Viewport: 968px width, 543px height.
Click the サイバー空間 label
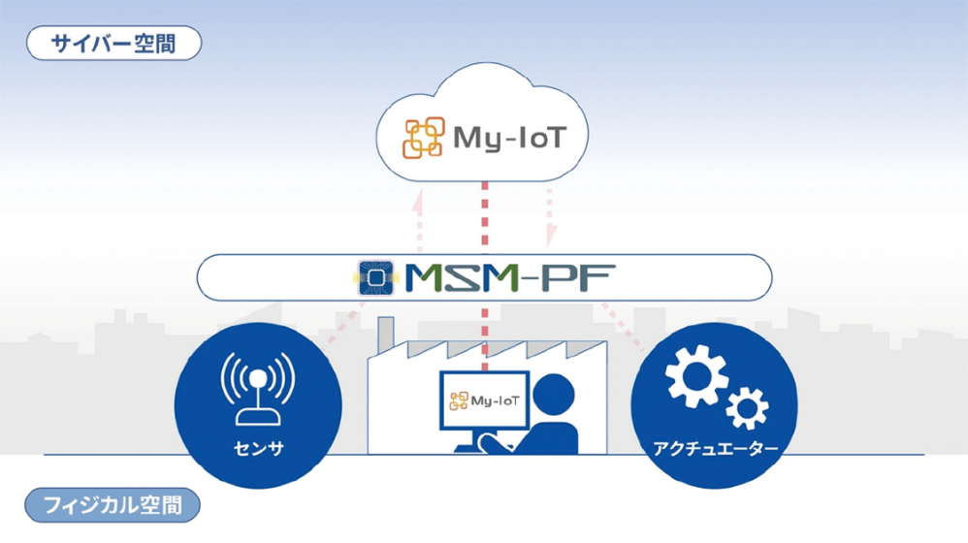coord(114,44)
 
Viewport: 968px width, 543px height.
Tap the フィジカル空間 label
coord(113,505)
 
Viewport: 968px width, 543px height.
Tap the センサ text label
coord(258,449)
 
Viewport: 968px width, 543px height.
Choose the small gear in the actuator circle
coord(746,408)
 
